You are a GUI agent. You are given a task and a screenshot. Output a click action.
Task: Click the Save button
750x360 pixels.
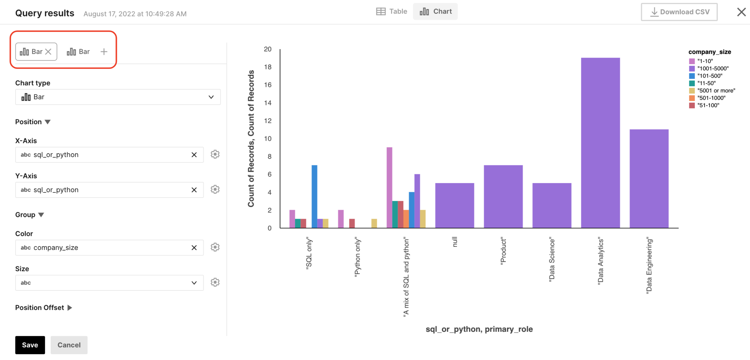[30, 345]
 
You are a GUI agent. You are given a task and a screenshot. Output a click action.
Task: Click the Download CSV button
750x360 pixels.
[679, 12]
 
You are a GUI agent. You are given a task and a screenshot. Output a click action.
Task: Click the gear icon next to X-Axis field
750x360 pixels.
[215, 154]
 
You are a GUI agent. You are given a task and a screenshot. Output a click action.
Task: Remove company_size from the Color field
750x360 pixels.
[194, 248]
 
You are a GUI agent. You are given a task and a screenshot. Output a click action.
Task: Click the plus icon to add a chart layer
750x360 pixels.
[104, 52]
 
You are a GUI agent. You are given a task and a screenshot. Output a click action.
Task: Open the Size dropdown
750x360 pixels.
[109, 282]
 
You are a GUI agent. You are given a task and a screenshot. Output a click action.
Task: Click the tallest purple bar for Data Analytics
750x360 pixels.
[600, 142]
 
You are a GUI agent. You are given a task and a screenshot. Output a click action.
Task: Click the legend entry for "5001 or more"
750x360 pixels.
[716, 90]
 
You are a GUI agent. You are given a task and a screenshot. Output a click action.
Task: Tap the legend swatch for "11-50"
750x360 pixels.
[692, 83]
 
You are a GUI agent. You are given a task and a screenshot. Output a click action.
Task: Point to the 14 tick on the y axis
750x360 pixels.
[268, 103]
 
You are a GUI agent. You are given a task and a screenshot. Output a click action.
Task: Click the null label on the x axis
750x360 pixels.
[455, 242]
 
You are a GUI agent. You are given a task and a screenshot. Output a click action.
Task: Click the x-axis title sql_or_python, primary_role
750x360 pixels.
[479, 329]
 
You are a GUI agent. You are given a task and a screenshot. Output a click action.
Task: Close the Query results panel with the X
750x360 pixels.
[741, 12]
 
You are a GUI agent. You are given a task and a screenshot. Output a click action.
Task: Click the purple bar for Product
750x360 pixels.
[503, 196]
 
